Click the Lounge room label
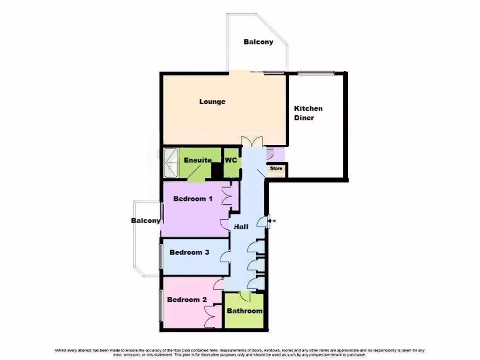(x=212, y=102)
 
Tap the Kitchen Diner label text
(x=308, y=113)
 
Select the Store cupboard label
(x=276, y=168)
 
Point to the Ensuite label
(x=197, y=160)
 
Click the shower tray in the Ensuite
(x=172, y=163)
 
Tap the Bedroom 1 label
(x=193, y=199)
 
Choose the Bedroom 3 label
(x=189, y=252)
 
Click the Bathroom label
(x=245, y=311)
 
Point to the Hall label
(x=241, y=227)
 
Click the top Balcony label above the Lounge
(x=258, y=42)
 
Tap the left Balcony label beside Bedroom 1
(x=146, y=220)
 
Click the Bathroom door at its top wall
(x=245, y=295)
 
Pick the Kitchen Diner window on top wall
(x=316, y=72)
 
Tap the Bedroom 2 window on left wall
(x=161, y=305)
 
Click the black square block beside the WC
(x=217, y=171)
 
